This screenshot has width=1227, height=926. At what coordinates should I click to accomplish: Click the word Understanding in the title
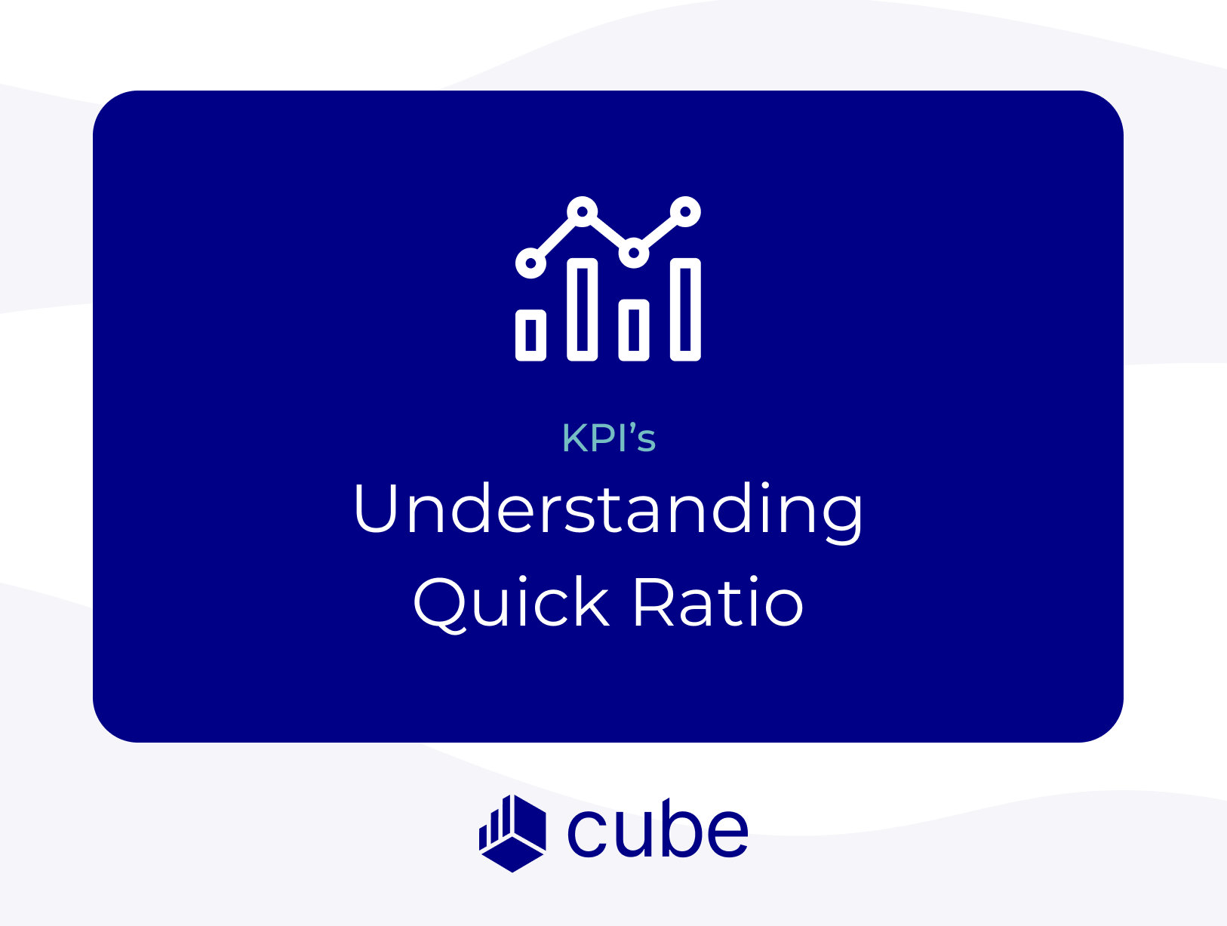[x=607, y=511]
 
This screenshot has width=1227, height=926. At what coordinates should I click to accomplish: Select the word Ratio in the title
[x=719, y=602]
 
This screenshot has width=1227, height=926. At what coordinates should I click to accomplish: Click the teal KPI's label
[x=608, y=437]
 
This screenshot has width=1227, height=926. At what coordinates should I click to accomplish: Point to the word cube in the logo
[x=657, y=829]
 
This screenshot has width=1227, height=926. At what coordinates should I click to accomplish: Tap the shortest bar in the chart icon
[x=530, y=335]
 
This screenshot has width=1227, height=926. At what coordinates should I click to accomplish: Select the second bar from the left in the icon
[x=582, y=309]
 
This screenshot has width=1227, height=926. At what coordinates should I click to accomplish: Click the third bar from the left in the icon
[x=633, y=330]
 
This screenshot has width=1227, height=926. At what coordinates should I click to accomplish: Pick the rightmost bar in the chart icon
[x=685, y=309]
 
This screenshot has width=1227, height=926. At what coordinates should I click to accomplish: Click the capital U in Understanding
[x=375, y=507]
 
